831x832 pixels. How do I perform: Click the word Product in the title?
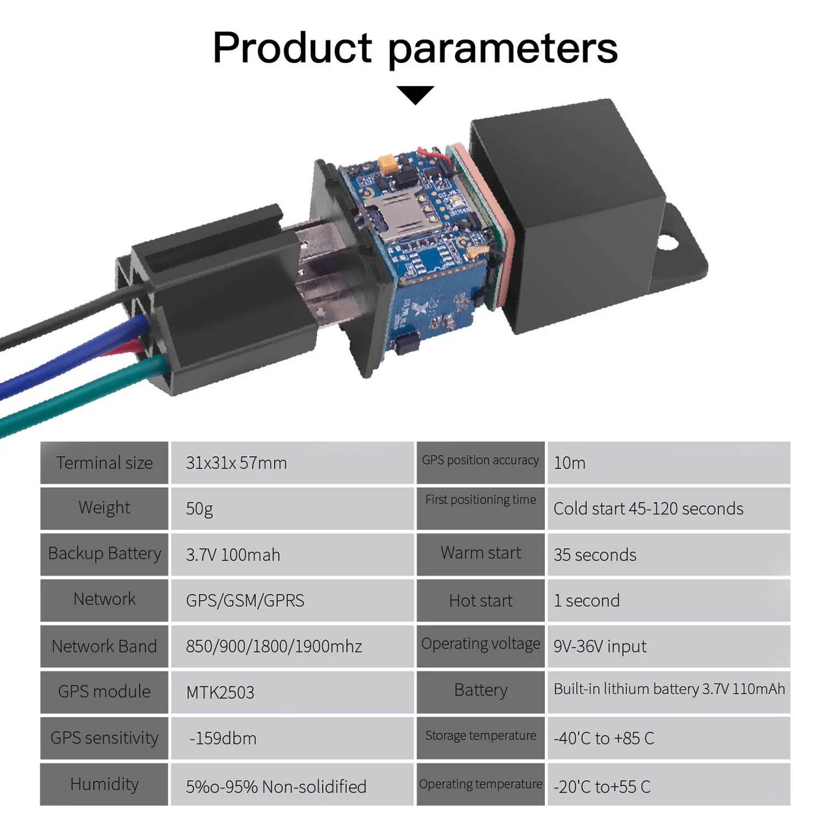point(292,48)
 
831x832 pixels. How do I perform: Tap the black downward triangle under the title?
point(415,94)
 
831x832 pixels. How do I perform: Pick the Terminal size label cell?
point(104,463)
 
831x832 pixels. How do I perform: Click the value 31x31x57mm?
point(236,463)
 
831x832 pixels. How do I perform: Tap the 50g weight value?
point(199,509)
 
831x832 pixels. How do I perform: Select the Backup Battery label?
point(104,554)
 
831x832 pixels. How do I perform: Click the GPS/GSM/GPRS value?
point(245,601)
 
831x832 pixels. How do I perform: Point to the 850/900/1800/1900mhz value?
point(274,646)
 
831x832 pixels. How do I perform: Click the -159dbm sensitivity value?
point(223,738)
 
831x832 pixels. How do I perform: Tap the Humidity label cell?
point(104,784)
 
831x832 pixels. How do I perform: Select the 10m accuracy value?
point(570,463)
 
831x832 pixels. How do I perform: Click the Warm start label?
point(480,553)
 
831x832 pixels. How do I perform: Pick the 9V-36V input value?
point(600,646)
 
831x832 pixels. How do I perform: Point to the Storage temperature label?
point(480,736)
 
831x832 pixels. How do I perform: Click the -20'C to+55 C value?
point(602,787)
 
